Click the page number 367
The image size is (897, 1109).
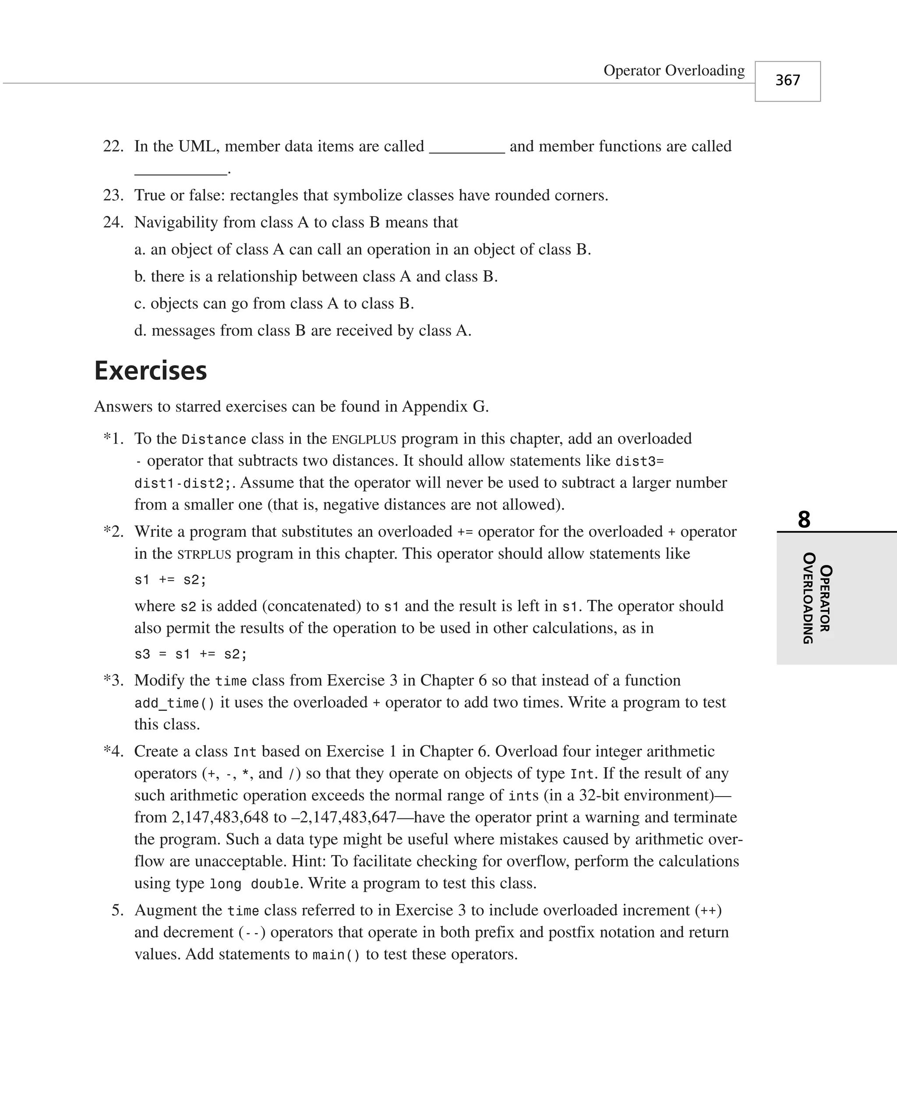coord(787,80)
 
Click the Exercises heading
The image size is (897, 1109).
coord(150,371)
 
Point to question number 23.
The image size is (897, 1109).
coord(113,195)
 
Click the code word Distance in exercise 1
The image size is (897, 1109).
coord(213,439)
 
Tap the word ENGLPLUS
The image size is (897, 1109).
coord(364,439)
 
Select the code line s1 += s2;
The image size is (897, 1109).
coord(170,580)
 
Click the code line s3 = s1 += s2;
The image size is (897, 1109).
coord(191,654)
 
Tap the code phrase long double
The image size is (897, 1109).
coord(254,884)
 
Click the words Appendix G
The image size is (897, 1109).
coord(445,407)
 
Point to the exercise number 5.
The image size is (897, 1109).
coord(117,910)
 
